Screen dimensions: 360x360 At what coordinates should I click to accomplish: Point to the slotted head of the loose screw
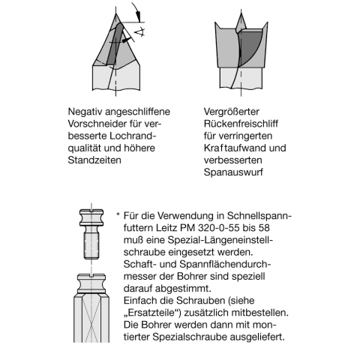coord(89,211)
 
